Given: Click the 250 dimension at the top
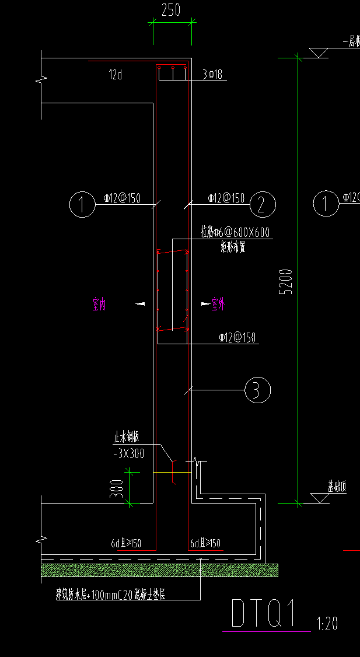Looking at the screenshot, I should point(171,10).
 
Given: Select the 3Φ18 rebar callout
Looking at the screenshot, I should point(212,75).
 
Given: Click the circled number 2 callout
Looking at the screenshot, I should point(263,204).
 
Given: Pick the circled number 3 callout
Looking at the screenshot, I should point(257,390).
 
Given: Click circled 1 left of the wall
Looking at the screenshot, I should point(82,204).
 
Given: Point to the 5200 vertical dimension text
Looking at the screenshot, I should point(285,281).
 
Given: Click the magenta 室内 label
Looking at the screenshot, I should point(99,304).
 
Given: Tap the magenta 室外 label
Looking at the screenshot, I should point(218,304).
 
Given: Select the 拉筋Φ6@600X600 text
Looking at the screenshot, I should point(235,233).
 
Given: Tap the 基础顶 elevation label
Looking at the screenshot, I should point(337,487).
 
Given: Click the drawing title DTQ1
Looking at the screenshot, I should point(265,614).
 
